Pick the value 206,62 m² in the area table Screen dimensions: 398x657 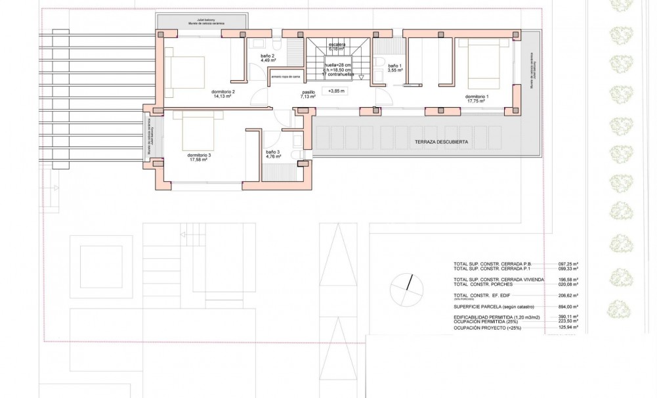[x=568, y=296]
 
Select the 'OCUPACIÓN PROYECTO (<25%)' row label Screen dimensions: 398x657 [x=488, y=327]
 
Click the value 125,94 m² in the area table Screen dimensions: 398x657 [x=568, y=327]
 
